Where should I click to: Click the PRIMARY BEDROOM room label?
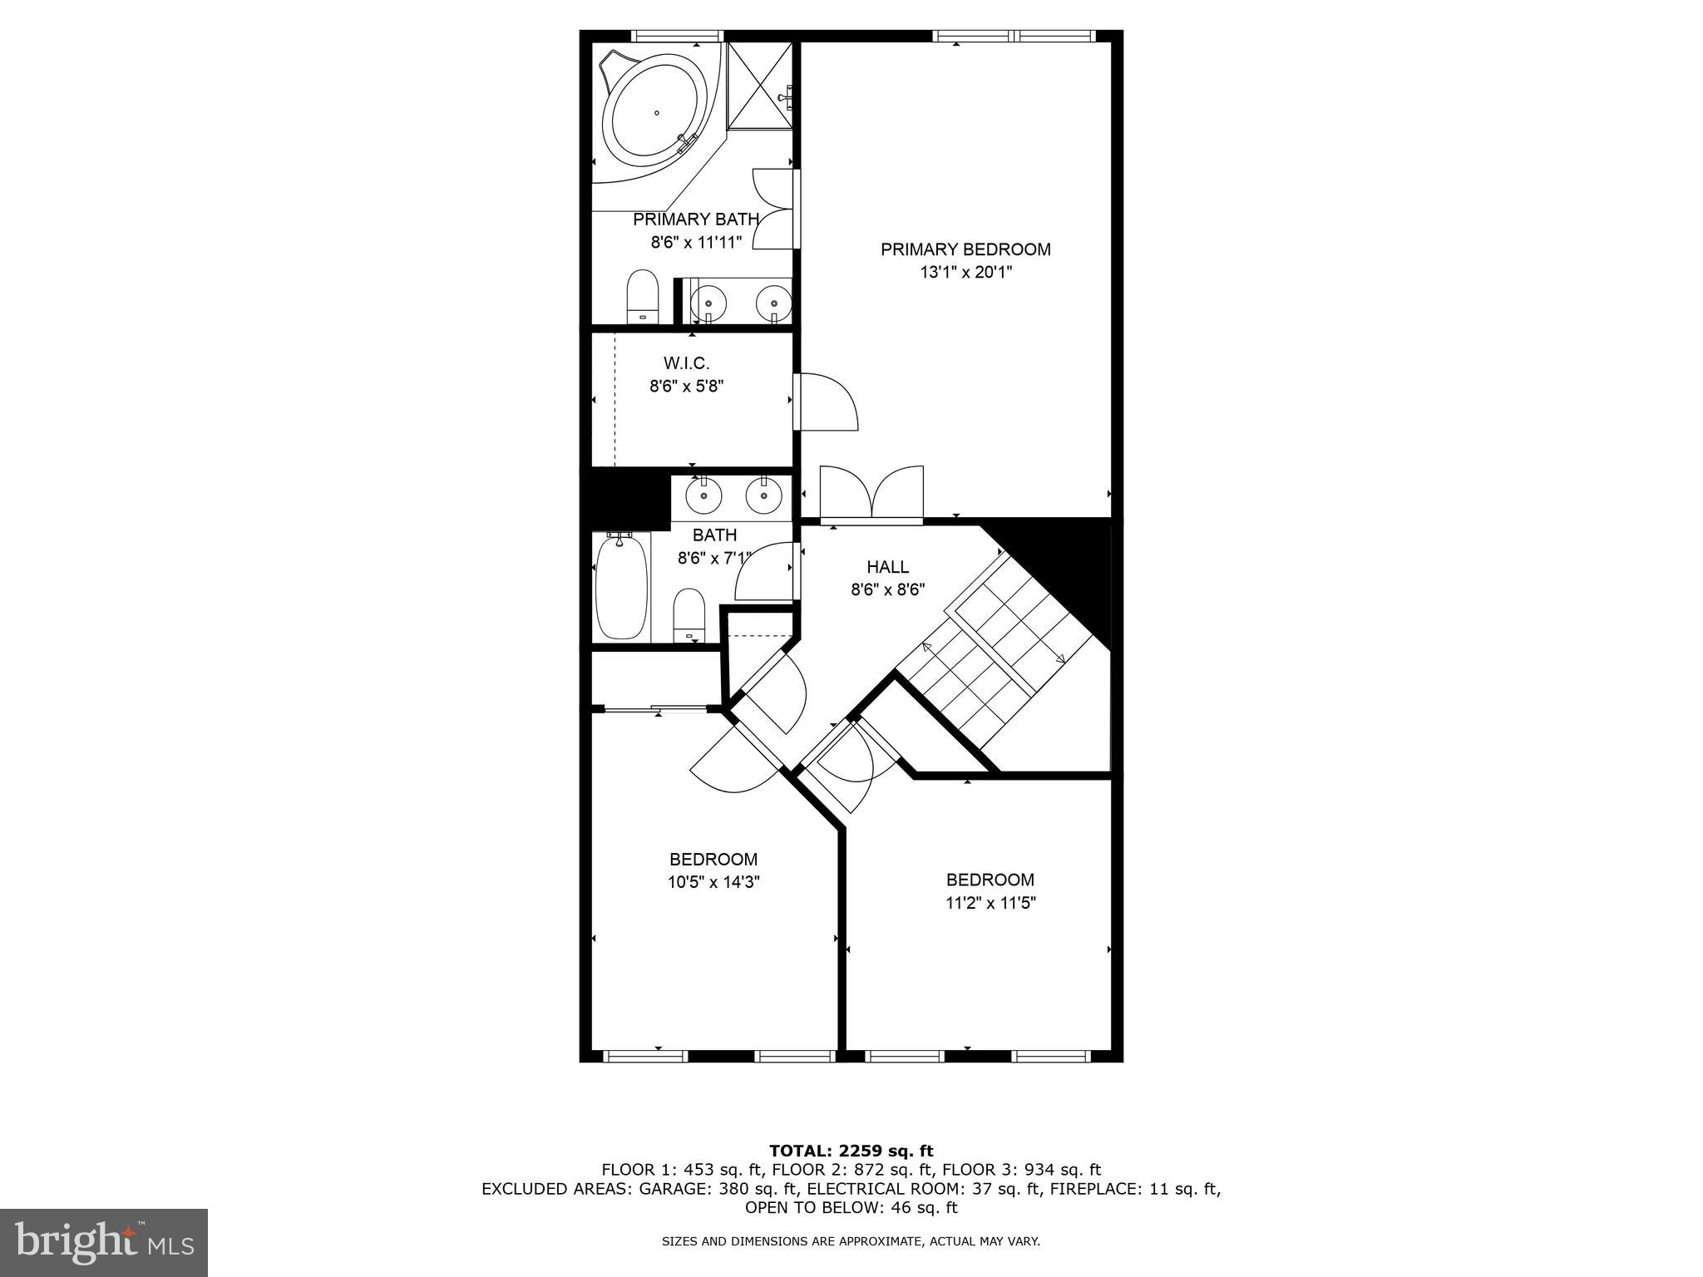pos(965,249)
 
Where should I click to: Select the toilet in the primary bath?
pos(642,295)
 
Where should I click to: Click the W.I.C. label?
pos(686,363)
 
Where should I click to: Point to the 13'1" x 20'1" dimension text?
pos(965,273)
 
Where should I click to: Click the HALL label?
pos(887,567)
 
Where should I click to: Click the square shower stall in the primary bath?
pos(760,86)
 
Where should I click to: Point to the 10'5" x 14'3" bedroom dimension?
pos(713,882)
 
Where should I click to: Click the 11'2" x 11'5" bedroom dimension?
pos(990,903)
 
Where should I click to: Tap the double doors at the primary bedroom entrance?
pos(871,496)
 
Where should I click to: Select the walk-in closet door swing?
pos(826,402)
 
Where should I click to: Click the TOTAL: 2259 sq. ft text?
pos(851,1151)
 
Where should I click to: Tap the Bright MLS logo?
pos(104,1242)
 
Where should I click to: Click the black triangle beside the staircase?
pos(1073,565)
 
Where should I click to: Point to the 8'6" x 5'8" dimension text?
pos(686,386)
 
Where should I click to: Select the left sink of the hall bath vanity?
pos(703,496)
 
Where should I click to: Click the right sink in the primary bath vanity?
pos(773,303)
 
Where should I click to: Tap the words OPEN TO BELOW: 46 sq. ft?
pos(851,1207)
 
